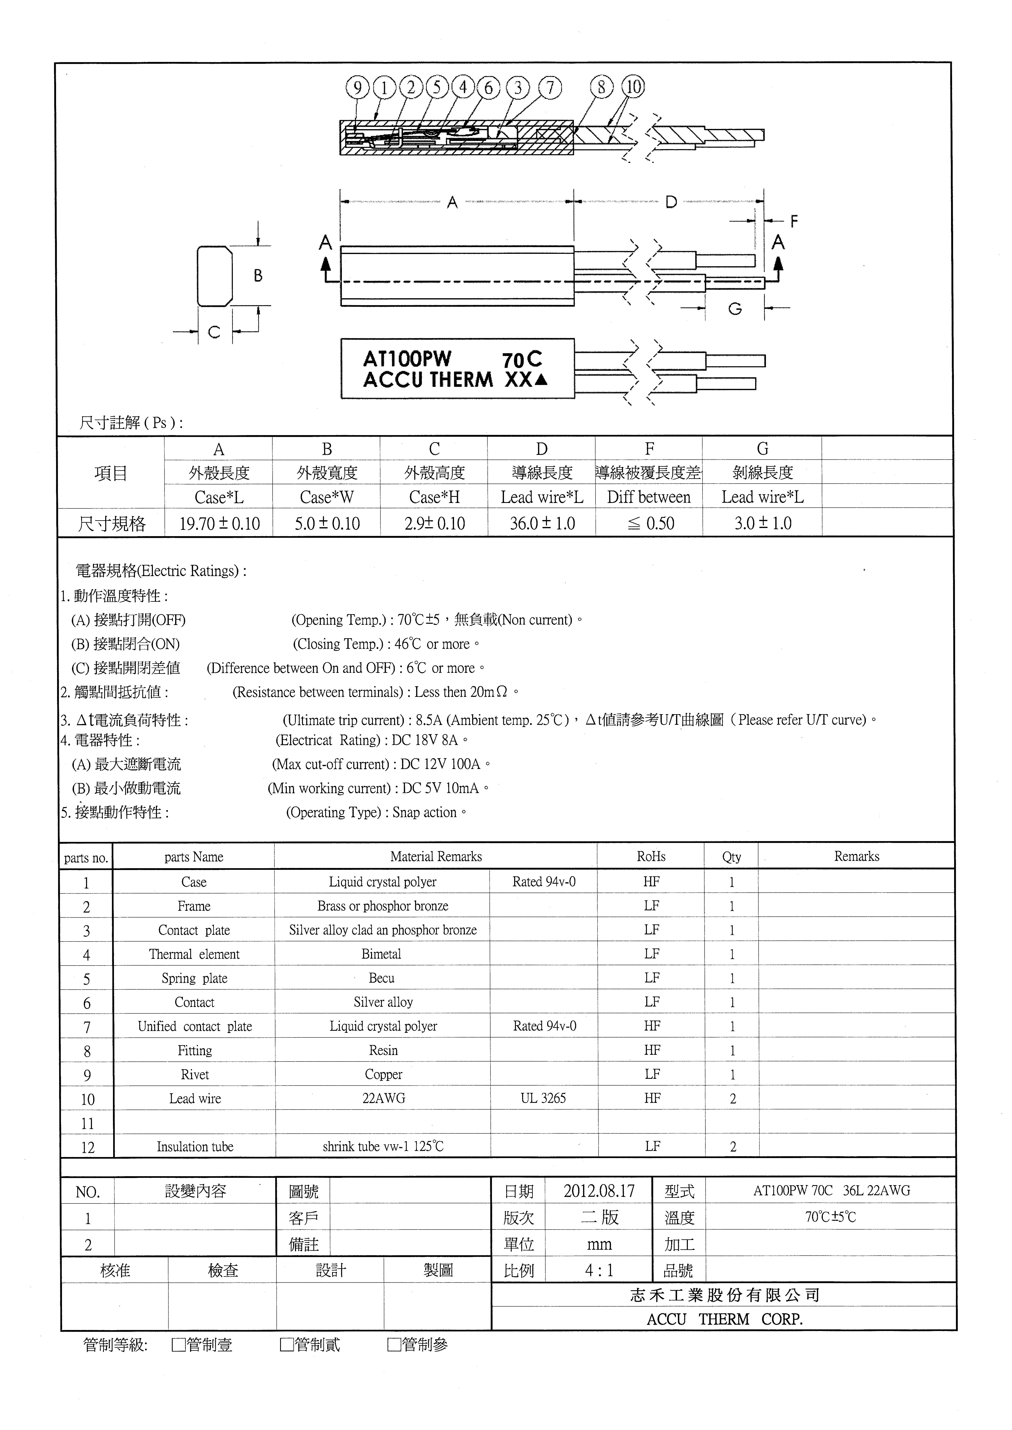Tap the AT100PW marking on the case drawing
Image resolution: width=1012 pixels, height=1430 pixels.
coord(408,359)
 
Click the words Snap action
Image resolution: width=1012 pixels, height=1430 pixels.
coord(424,813)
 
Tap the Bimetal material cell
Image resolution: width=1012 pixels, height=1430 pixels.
coord(381,954)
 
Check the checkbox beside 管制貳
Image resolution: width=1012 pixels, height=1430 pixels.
coord(287,1345)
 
